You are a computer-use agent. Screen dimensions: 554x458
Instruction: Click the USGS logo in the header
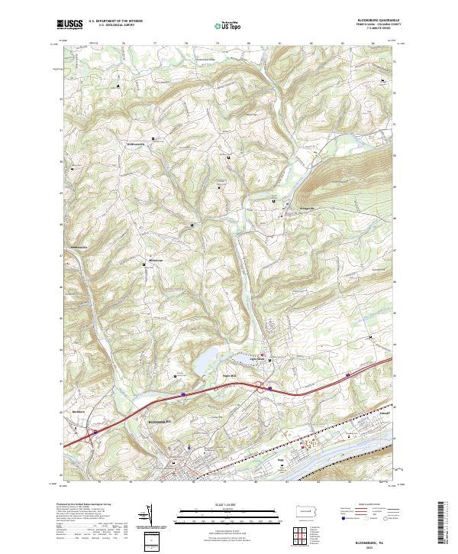point(69,24)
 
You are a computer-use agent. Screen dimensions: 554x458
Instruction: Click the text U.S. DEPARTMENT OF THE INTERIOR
point(116,21)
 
